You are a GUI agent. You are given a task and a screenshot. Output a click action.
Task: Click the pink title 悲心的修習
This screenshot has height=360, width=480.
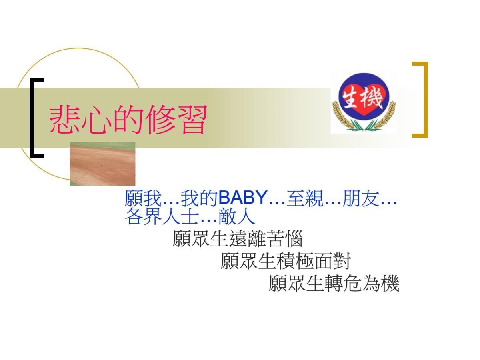128,119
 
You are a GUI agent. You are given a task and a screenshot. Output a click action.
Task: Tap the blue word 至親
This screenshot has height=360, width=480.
305,198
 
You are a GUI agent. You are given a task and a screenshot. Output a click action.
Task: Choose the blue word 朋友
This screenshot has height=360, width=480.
361,198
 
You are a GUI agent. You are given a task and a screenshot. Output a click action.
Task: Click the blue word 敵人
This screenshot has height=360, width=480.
237,216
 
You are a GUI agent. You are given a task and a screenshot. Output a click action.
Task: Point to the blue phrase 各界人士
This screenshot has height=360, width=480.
162,216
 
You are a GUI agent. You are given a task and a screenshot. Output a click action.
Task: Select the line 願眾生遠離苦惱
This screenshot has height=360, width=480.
238,239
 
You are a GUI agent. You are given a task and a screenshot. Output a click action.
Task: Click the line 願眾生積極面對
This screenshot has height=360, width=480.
286,261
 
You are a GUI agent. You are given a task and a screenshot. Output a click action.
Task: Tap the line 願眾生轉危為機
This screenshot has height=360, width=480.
334,283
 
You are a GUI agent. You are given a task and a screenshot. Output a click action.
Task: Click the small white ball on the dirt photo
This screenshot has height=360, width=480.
101,164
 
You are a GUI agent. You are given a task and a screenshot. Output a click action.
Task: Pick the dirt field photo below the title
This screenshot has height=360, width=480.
102,164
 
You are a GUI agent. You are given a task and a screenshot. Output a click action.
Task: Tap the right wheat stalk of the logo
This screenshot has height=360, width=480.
385,116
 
